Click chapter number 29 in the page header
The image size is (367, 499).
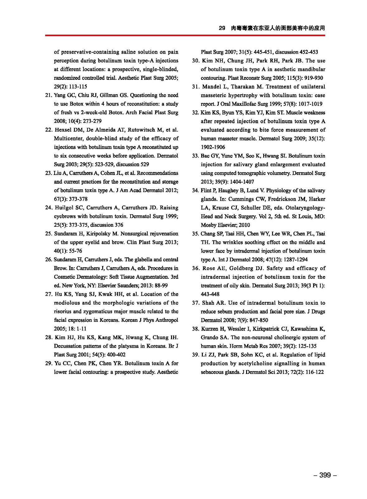click(x=222, y=28)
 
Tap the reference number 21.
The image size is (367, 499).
click(x=49, y=95)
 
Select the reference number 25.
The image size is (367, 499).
click(x=49, y=234)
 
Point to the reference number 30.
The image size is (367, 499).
click(x=196, y=61)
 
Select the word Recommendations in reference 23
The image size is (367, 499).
click(x=157, y=173)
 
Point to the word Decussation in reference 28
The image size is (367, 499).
click(x=68, y=346)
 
